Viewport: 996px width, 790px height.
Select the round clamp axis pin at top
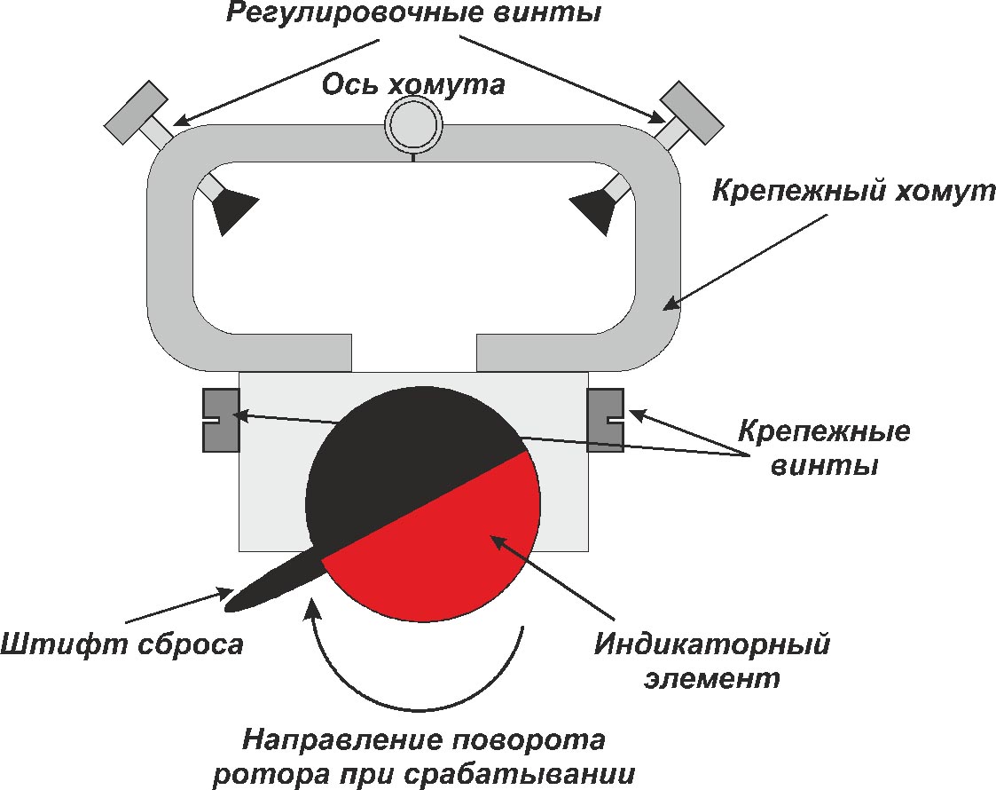click(414, 123)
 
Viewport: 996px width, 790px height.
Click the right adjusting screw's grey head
click(694, 111)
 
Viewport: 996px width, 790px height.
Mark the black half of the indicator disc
click(399, 453)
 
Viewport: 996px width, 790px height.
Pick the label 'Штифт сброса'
click(122, 644)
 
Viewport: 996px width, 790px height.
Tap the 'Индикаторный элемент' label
click(712, 660)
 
